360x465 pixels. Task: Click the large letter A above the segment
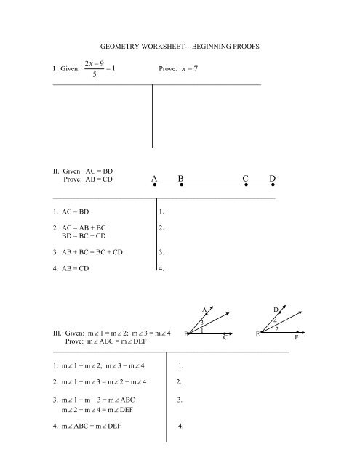[x=156, y=178]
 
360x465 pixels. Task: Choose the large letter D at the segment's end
[x=272, y=178]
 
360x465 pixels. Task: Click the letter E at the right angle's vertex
[x=258, y=333]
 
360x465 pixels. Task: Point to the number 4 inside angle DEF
[x=276, y=320]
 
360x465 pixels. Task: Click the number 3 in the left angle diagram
[x=201, y=322]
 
